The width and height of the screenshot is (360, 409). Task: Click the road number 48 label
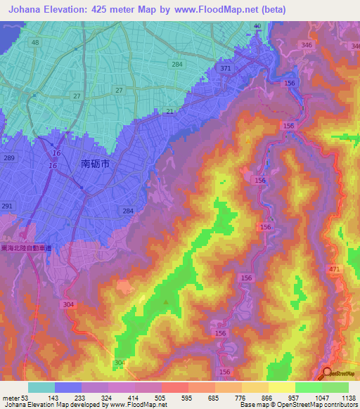click(x=34, y=42)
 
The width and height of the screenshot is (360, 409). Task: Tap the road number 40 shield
click(x=257, y=26)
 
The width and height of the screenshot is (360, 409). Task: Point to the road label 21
click(x=169, y=112)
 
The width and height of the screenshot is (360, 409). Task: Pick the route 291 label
click(x=7, y=205)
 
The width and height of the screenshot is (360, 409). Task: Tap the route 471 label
click(x=334, y=269)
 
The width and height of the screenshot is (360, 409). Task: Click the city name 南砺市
click(x=96, y=164)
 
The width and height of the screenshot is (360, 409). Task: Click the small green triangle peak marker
click(x=166, y=302)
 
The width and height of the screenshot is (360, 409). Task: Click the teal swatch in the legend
click(x=41, y=387)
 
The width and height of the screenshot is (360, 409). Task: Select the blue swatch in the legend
click(x=68, y=387)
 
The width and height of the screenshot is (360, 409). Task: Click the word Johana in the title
click(x=28, y=9)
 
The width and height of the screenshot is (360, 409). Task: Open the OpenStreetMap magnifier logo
click(x=327, y=374)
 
